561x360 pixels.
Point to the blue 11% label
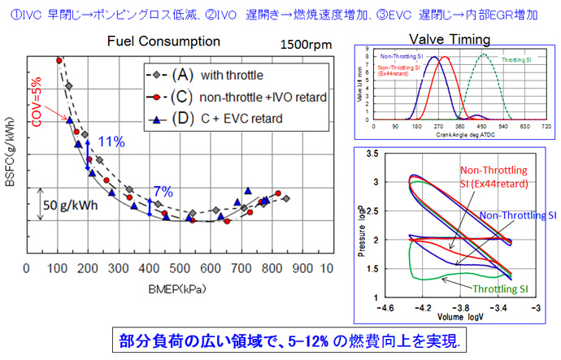point(111,141)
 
